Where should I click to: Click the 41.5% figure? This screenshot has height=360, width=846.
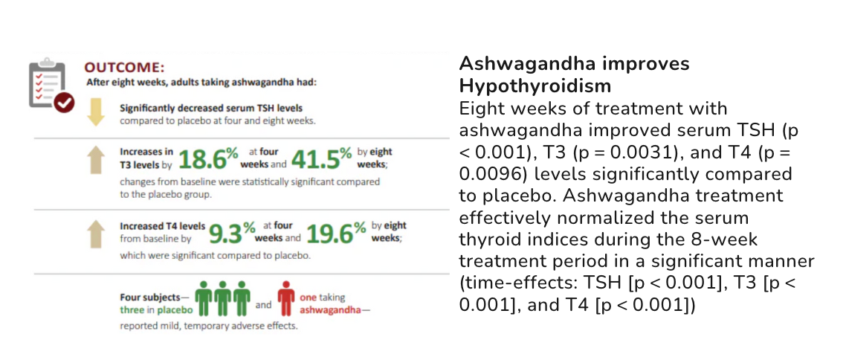322,159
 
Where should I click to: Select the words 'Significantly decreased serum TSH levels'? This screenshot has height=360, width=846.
211,108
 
